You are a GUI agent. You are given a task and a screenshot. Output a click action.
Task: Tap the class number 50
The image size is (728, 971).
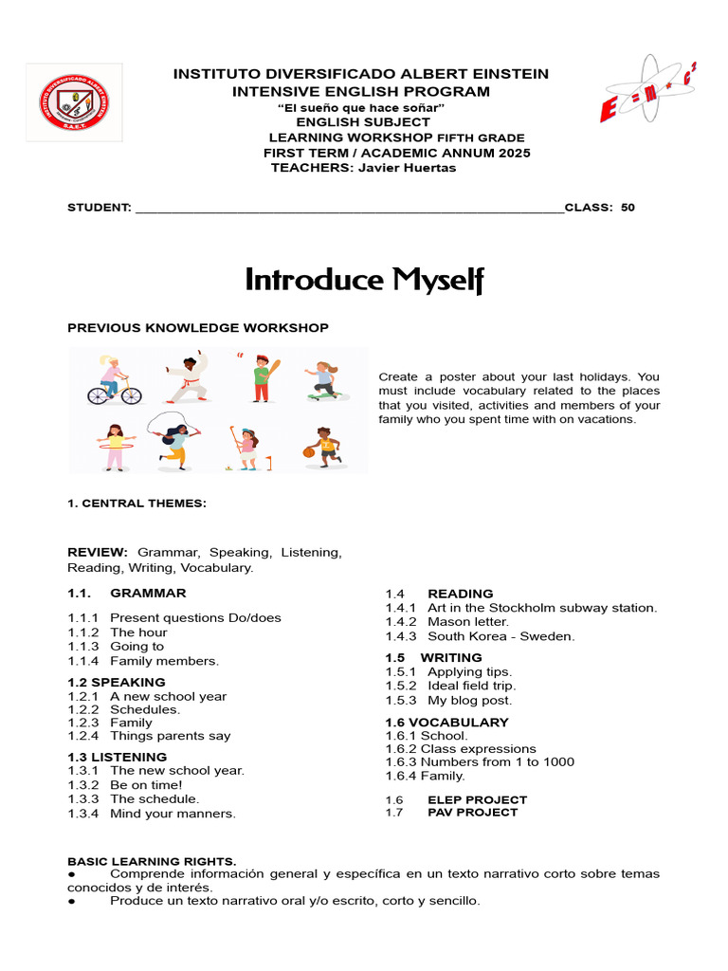click(628, 208)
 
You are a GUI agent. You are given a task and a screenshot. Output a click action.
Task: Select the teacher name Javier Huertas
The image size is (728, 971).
click(405, 168)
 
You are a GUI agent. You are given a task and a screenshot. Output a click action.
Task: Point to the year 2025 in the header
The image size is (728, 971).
click(512, 153)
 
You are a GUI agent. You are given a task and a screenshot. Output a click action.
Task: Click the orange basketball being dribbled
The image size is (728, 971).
click(308, 452)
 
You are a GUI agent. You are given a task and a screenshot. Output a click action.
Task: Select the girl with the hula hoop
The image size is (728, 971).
click(115, 447)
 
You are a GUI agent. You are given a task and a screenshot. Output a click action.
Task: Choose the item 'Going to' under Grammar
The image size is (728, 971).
click(136, 647)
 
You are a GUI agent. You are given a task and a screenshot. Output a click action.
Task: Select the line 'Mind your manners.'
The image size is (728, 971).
click(173, 814)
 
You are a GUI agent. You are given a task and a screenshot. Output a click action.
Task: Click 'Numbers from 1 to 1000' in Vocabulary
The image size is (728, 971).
click(497, 761)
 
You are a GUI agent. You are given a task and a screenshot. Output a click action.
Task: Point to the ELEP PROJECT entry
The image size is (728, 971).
click(477, 799)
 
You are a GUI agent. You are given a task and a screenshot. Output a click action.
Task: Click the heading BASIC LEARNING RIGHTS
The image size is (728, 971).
click(152, 861)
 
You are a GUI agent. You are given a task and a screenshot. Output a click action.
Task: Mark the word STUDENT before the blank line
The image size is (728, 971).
click(98, 208)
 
